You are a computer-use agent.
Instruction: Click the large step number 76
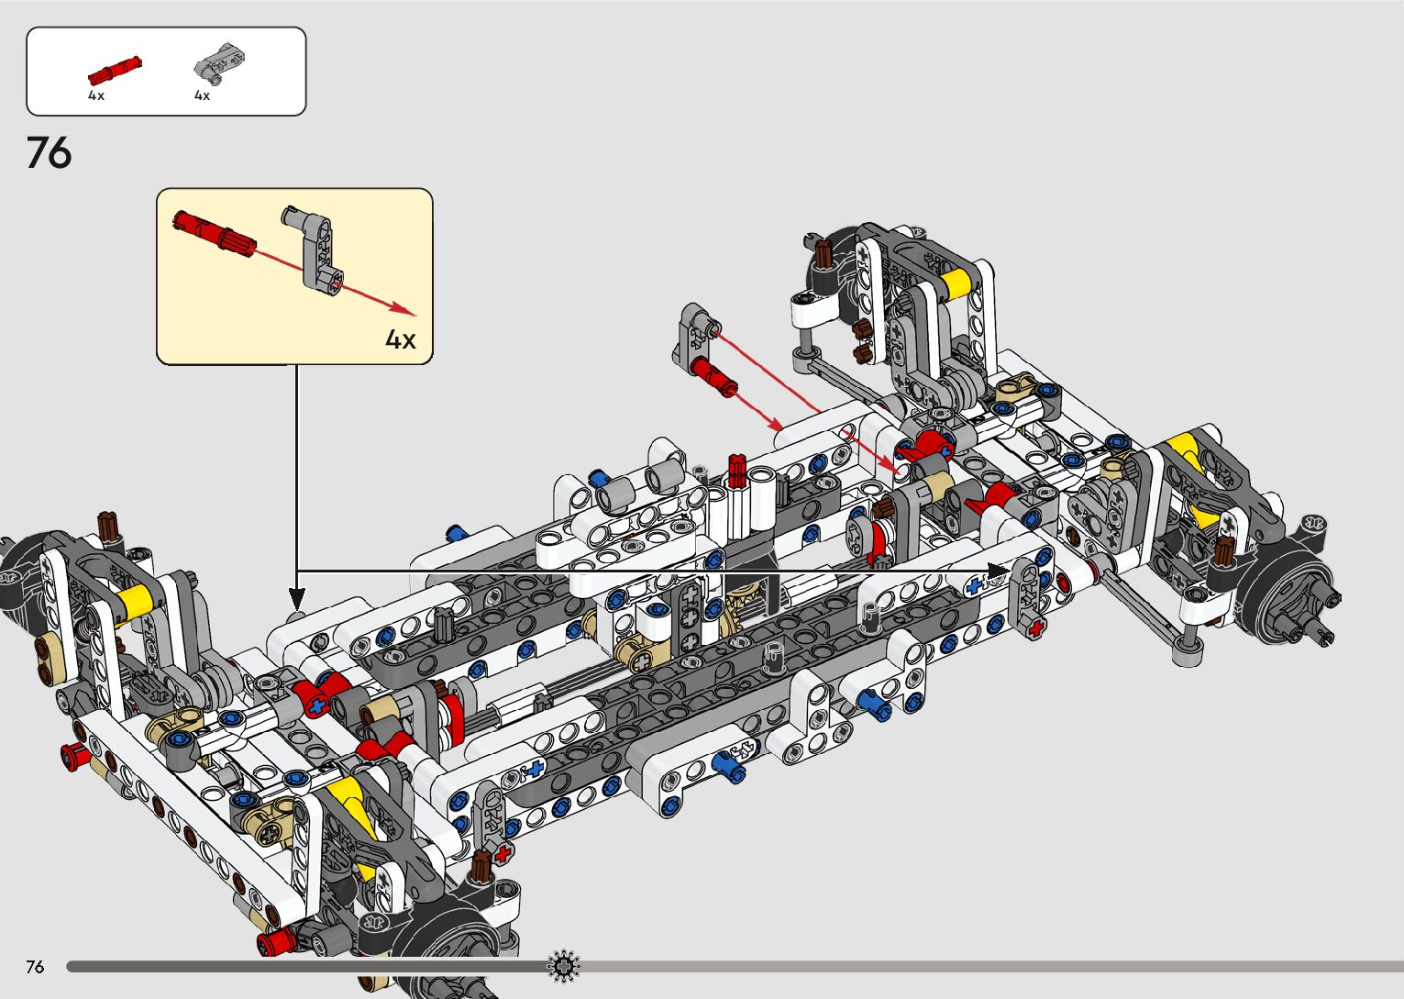[49, 153]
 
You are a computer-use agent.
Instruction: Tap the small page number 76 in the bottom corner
[35, 966]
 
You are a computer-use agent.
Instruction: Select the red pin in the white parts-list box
[115, 70]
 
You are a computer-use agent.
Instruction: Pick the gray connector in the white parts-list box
[219, 62]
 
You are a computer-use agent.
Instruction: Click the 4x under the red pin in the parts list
[96, 95]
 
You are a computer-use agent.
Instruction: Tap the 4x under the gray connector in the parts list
[202, 95]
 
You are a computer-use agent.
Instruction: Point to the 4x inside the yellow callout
[400, 339]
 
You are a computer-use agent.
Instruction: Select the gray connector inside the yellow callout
[313, 250]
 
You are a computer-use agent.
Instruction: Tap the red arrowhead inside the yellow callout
[404, 308]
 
